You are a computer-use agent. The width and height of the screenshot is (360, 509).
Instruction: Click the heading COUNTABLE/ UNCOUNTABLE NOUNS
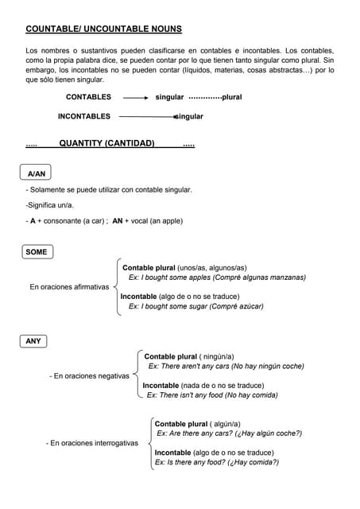point(103,29)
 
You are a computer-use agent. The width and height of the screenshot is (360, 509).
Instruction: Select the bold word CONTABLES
point(88,97)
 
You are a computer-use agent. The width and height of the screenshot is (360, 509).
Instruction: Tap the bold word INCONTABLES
point(83,116)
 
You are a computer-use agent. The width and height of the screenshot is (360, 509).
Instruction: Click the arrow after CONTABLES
point(136,97)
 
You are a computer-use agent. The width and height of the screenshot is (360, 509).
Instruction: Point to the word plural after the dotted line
point(232,97)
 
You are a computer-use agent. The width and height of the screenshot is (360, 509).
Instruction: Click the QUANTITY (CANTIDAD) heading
point(106,144)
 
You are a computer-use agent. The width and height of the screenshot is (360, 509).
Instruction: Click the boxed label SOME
point(37,252)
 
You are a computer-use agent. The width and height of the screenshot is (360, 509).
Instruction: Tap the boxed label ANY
point(33,341)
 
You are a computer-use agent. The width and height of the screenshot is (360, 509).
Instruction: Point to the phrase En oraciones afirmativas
point(69,287)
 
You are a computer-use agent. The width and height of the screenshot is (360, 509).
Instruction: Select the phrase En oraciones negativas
point(89,376)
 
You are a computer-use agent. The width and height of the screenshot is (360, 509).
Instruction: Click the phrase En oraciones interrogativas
point(92,443)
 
